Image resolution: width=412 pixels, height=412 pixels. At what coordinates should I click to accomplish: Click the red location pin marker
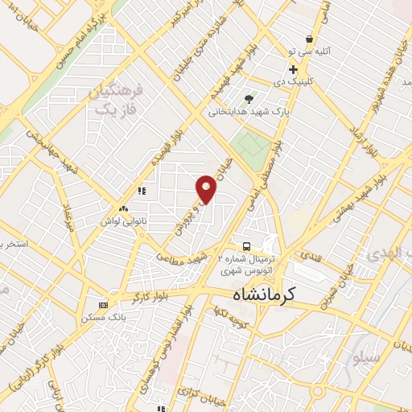point(207,188)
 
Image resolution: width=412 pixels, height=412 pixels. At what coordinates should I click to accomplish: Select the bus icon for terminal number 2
point(246,245)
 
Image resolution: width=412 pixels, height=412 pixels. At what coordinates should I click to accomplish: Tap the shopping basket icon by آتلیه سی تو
point(310,39)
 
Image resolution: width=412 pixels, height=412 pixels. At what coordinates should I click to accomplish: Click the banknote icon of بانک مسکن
point(103,305)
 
